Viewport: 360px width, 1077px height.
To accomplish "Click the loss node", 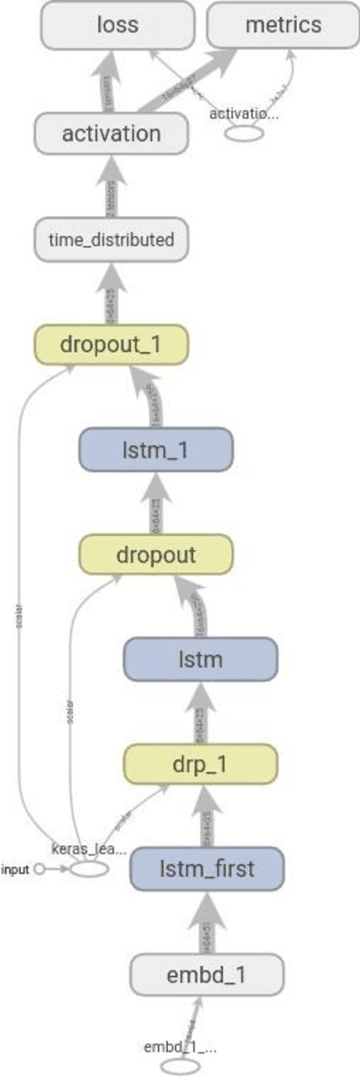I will pyautogui.click(x=117, y=24).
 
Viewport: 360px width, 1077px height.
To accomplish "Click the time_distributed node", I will pyautogui.click(x=111, y=240).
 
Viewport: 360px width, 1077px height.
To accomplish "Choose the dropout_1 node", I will pyautogui.click(x=110, y=344).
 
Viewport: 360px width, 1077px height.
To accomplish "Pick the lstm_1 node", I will pyautogui.click(x=156, y=448).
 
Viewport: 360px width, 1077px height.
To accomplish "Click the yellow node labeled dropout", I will pyautogui.click(x=156, y=555).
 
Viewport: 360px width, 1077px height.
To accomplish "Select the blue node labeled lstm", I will pyautogui.click(x=200, y=660).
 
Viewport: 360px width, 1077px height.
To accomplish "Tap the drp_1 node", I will pyautogui.click(x=200, y=764).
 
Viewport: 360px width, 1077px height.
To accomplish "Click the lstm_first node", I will pyautogui.click(x=207, y=869).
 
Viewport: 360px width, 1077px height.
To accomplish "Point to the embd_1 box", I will pyautogui.click(x=207, y=974).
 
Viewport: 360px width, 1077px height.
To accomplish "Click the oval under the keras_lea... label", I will pyautogui.click(x=88, y=869).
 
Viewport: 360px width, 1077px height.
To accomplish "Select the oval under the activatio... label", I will pyautogui.click(x=244, y=133).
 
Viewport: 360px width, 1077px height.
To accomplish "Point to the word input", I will pyautogui.click(x=15, y=869).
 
